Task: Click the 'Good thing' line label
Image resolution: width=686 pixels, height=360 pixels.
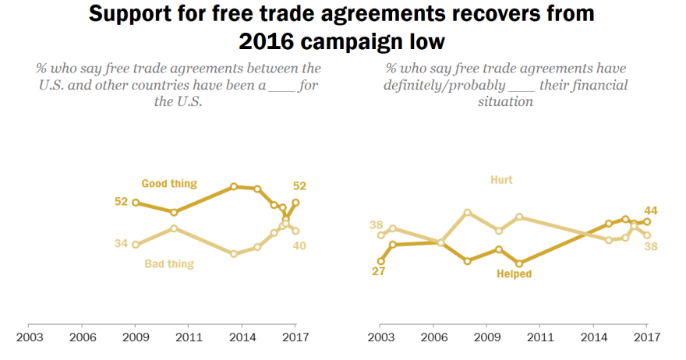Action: tap(168, 184)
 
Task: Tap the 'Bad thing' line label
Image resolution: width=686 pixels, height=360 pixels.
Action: tap(169, 264)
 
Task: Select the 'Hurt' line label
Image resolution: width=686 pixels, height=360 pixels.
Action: tap(501, 180)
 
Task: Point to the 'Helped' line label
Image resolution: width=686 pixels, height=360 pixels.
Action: tap(514, 274)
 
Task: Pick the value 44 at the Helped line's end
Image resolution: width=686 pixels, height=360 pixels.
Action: tap(652, 210)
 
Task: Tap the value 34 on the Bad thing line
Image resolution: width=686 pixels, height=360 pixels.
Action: tap(121, 244)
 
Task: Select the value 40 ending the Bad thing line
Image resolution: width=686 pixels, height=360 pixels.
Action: tap(299, 246)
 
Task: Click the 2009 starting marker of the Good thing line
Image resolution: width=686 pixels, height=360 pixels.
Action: tap(135, 203)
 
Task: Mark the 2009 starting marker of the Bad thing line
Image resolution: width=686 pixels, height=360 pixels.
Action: tap(135, 244)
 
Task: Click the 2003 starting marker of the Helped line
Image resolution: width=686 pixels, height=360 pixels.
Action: tap(380, 261)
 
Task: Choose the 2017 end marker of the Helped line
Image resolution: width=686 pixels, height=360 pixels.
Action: tap(647, 221)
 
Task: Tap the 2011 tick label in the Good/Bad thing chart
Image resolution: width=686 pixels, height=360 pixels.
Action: tap(189, 337)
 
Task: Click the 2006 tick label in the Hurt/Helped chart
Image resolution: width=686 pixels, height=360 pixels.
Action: tap(434, 337)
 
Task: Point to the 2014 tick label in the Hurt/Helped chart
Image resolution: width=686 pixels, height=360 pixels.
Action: tap(595, 337)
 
